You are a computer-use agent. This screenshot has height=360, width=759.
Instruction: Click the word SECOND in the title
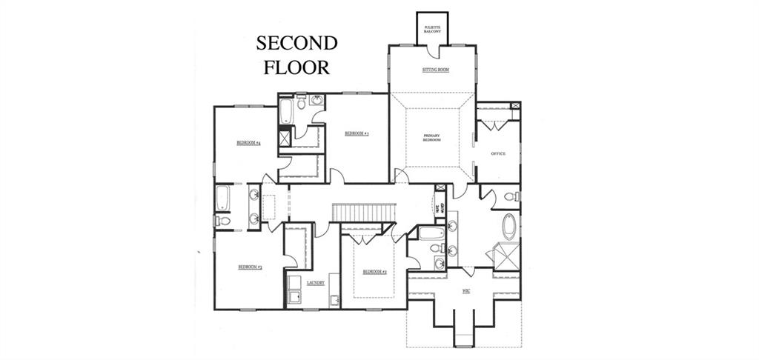296,43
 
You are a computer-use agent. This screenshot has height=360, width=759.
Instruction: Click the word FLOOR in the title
296,67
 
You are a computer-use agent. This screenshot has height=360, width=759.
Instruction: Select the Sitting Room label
435,70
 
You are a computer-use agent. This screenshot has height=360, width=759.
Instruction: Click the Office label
498,153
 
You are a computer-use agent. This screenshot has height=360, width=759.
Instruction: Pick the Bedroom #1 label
357,133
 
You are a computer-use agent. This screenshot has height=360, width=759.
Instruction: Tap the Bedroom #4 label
248,142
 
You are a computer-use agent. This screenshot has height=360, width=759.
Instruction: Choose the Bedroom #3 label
250,267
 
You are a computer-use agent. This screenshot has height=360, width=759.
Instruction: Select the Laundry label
315,282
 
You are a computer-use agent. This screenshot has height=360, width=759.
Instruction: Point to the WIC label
465,291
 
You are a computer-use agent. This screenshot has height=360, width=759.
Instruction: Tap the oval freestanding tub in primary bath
509,226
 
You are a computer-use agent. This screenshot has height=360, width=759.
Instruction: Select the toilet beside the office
511,196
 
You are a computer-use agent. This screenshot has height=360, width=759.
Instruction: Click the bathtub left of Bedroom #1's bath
286,111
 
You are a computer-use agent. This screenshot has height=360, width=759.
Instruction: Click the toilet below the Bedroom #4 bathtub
223,221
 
